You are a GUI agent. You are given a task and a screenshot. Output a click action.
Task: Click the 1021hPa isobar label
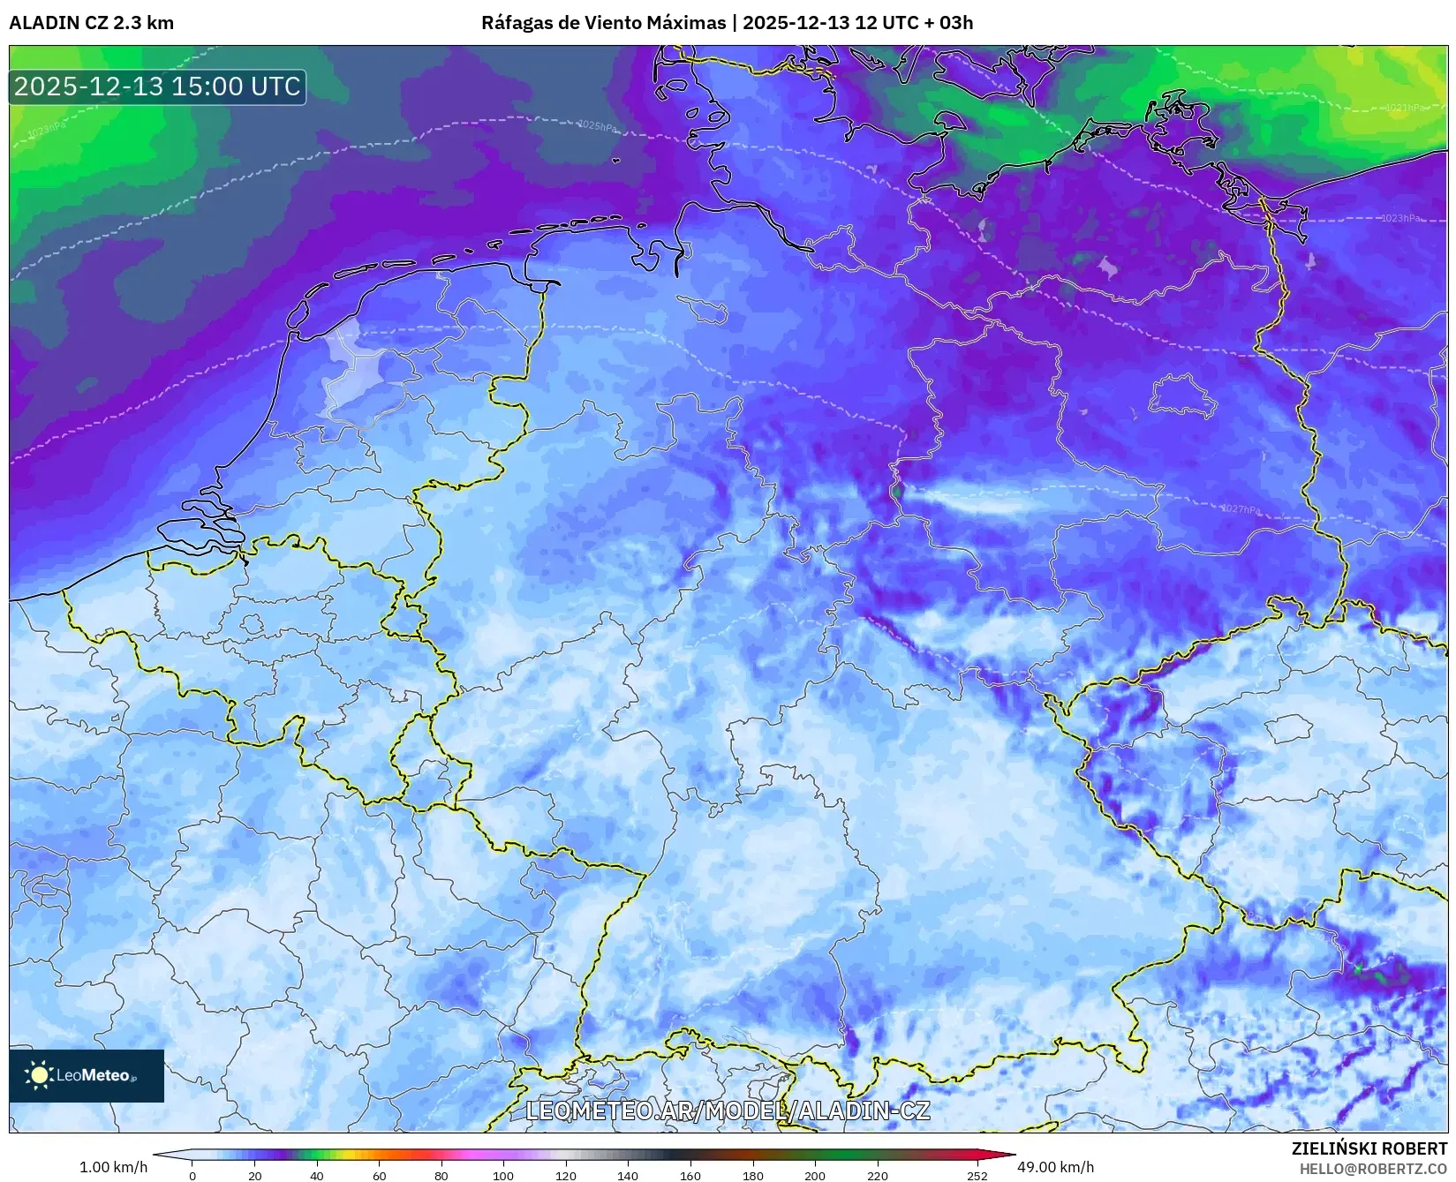tap(1404, 108)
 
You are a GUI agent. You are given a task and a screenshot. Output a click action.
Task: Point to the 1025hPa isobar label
tap(597, 126)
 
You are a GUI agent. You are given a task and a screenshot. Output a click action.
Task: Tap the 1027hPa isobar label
tap(1241, 509)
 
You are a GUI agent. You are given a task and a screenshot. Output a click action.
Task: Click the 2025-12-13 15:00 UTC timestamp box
tap(157, 87)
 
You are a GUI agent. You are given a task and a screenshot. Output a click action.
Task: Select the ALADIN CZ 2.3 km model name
tap(91, 23)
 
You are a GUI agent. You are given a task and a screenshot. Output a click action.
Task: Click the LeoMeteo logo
tap(86, 1075)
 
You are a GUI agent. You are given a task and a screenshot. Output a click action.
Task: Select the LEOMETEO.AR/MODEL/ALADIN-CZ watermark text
tap(728, 1110)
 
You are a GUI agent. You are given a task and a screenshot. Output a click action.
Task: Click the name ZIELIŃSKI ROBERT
tap(1369, 1148)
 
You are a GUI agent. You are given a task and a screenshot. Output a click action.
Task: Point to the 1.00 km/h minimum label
tap(114, 1167)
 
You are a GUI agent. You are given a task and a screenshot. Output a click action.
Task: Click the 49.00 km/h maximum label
tap(1055, 1167)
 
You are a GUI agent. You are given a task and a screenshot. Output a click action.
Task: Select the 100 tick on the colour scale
tap(503, 1176)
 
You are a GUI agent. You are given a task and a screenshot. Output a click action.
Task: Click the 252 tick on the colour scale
tap(977, 1176)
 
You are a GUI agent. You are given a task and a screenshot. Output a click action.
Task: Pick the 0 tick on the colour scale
tap(192, 1176)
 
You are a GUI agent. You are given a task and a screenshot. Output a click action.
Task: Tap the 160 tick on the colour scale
tap(690, 1176)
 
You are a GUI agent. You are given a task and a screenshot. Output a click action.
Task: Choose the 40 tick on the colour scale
tap(317, 1176)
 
